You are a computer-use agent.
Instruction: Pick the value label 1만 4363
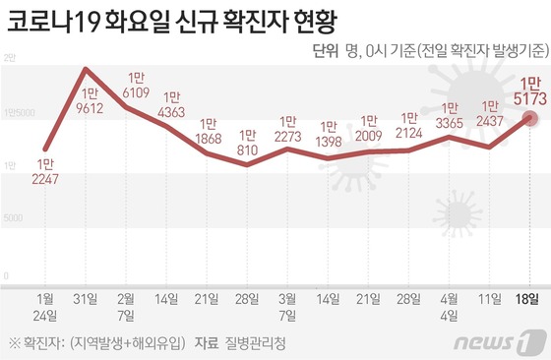coord(171,105)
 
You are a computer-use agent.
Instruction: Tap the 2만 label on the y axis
coord(10,61)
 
